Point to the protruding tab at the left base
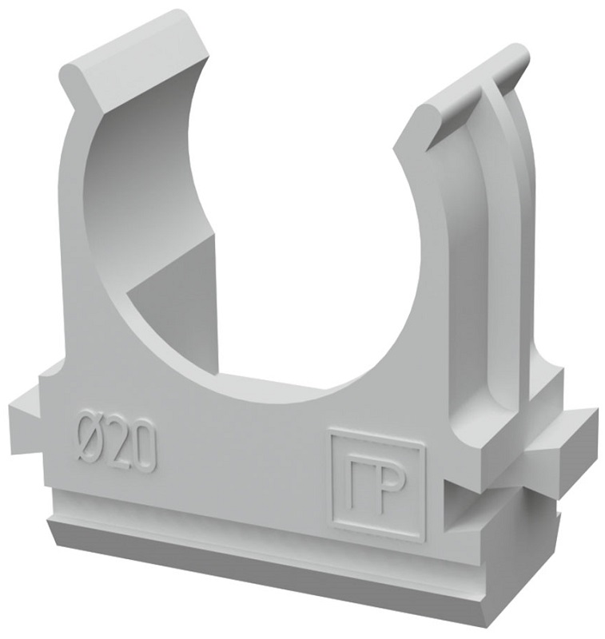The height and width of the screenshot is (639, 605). click(x=25, y=407)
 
